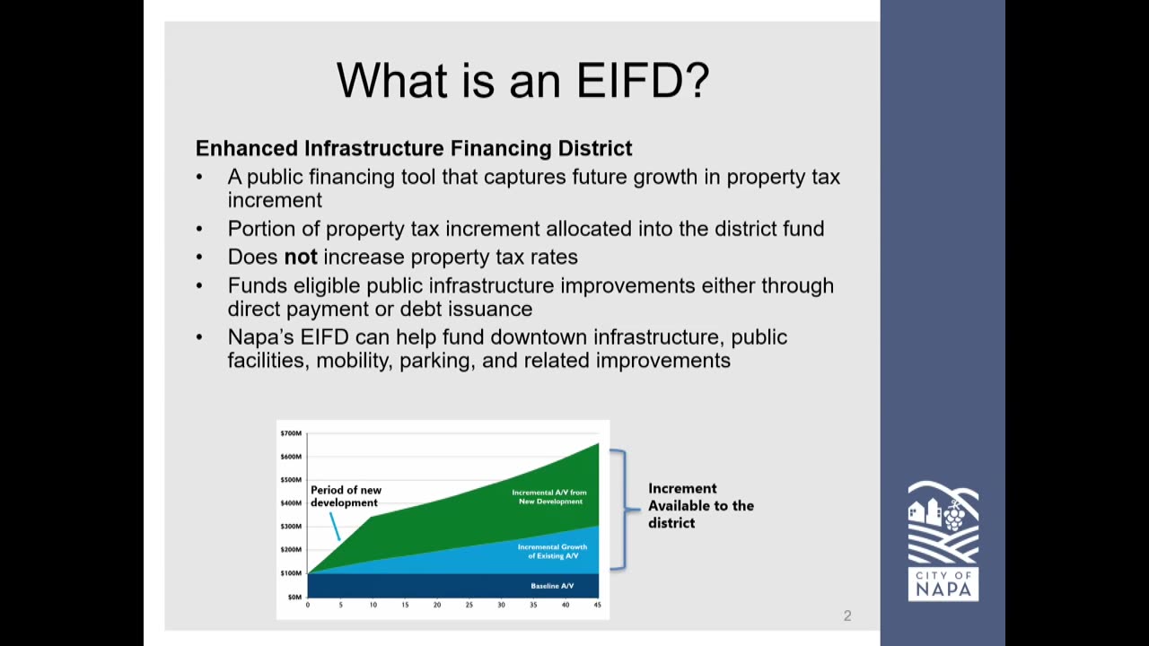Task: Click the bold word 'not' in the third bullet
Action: [301, 257]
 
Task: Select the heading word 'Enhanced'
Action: [247, 149]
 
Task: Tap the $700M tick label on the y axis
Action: [291, 433]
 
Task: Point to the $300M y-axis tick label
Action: [291, 527]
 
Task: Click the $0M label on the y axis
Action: [294, 598]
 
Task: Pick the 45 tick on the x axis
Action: [598, 606]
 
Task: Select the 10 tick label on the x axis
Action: [373, 606]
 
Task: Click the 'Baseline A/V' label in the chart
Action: [552, 586]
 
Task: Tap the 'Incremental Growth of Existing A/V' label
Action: [552, 552]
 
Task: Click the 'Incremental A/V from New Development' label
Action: [549, 497]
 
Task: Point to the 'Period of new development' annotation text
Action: [346, 496]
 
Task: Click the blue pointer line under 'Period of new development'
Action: [335, 526]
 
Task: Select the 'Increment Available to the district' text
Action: [701, 505]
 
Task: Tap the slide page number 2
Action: [847, 615]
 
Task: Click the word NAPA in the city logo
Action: [943, 589]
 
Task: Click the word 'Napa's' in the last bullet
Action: [260, 337]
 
